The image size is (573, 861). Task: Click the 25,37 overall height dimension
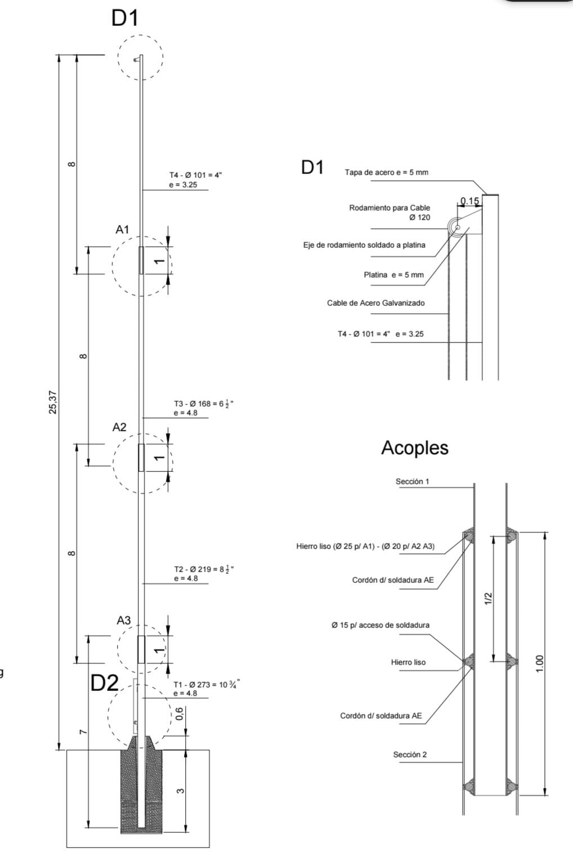[x=53, y=403]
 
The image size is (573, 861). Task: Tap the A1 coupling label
[x=122, y=230]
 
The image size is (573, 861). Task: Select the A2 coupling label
[x=119, y=427]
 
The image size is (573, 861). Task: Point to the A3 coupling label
[x=124, y=621]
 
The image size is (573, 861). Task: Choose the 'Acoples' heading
[x=415, y=448]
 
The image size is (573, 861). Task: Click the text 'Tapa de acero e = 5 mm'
[x=386, y=172]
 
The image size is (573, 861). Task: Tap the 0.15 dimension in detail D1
[x=469, y=201]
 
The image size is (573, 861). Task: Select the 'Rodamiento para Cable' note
[x=390, y=208]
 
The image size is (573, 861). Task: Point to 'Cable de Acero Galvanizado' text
[x=376, y=303]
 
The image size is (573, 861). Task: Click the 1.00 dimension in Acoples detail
[x=540, y=663]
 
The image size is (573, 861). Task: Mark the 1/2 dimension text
[x=488, y=599]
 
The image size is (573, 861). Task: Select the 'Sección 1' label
[x=413, y=481]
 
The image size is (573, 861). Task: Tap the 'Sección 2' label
[x=410, y=755]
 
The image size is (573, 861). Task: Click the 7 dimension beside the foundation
[x=83, y=731]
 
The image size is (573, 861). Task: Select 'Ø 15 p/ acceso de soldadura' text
[x=380, y=625]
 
